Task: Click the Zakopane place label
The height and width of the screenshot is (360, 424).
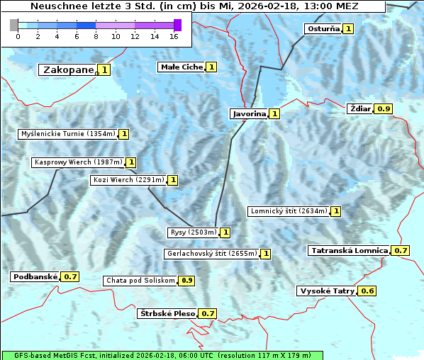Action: pos(68,69)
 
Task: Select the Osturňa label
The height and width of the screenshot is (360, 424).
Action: pos(323,29)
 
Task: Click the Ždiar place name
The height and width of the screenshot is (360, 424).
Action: pos(360,108)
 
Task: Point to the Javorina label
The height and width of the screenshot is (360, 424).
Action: pos(249,113)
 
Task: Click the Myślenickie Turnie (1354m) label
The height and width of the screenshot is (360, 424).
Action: pos(67,133)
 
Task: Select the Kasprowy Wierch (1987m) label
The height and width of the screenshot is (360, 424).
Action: pos(78,162)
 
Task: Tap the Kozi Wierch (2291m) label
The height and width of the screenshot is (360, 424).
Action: pos(128,180)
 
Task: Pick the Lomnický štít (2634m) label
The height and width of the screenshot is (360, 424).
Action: pos(289,210)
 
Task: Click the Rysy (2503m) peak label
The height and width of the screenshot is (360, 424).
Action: pos(193,232)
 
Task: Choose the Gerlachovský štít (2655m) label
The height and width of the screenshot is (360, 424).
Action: pos(211,253)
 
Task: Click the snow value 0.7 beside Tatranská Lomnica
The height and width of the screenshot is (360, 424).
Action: pos(401,250)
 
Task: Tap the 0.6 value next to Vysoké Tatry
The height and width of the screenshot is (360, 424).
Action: pos(367,291)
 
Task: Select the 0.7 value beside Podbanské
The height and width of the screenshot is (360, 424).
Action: pos(70,276)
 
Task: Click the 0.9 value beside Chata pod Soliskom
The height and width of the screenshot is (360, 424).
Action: pos(186,280)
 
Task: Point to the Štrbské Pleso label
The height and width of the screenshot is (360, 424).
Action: pos(167,313)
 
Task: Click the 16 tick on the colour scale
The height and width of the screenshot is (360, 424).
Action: pos(174,36)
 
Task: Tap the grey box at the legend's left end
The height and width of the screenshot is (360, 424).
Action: pos(14,25)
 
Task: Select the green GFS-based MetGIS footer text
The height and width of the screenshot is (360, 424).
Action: pos(162,355)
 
